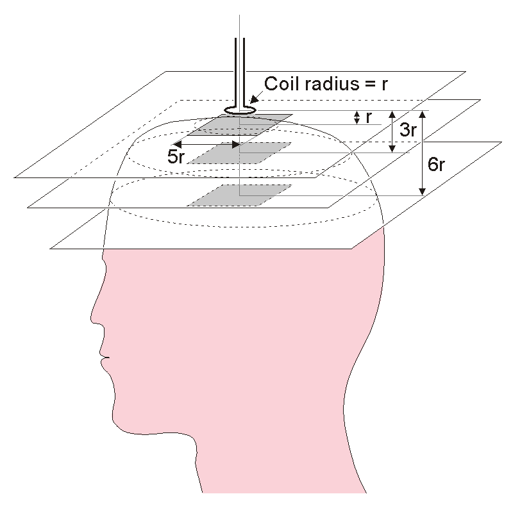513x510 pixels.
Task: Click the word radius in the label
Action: (x=332, y=83)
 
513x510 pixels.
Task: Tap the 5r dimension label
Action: (x=176, y=157)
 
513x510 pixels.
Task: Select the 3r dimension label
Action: (x=408, y=130)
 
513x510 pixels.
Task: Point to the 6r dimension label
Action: (x=436, y=165)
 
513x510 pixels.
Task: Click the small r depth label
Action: (x=368, y=118)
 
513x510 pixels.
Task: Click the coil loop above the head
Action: (x=239, y=110)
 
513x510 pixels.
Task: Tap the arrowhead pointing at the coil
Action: (x=254, y=99)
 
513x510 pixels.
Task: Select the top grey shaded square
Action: (x=239, y=124)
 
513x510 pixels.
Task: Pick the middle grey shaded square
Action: (x=239, y=152)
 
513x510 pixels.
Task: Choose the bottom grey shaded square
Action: (x=239, y=195)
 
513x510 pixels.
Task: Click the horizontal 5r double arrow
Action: (x=207, y=144)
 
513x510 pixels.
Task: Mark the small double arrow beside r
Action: (x=357, y=118)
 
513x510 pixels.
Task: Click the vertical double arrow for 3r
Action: (x=392, y=131)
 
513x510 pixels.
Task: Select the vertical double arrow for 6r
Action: (x=423, y=153)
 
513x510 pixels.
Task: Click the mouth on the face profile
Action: (x=105, y=357)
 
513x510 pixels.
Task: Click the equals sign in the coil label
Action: (x=370, y=85)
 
